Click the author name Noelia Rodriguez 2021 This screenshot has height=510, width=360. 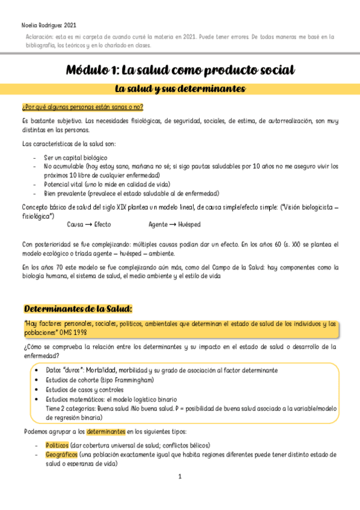(x=49, y=25)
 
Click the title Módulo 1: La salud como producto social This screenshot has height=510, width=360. (x=180, y=70)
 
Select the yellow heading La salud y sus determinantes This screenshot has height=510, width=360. (x=180, y=89)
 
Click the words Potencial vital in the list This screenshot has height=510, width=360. (x=63, y=183)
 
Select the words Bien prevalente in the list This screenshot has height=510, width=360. (x=64, y=193)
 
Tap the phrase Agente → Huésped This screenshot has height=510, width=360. (x=174, y=224)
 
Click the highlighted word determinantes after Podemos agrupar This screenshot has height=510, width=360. (x=106, y=432)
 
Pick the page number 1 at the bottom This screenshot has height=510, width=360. (x=180, y=477)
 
